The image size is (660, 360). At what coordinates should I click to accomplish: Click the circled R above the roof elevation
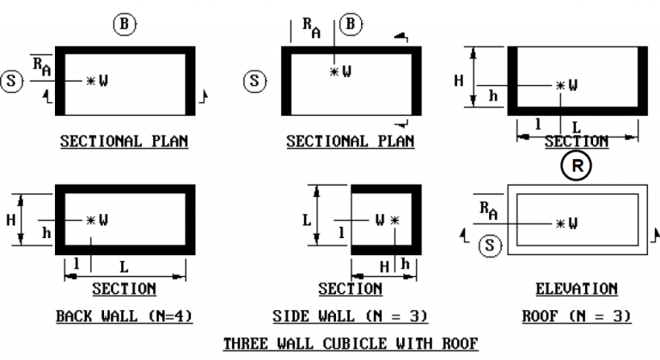click(577, 166)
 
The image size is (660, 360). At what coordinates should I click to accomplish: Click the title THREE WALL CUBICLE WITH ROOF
click(351, 344)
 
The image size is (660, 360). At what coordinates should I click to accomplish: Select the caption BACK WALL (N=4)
click(124, 316)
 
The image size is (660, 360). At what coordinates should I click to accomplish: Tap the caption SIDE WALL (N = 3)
click(351, 316)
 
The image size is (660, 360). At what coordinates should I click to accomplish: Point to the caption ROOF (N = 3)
click(577, 316)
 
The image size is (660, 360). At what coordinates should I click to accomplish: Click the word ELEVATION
click(577, 289)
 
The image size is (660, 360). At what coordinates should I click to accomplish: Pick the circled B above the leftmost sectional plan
click(125, 24)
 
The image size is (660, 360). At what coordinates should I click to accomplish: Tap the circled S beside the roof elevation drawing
click(490, 245)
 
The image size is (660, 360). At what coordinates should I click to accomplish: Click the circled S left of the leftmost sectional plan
click(11, 81)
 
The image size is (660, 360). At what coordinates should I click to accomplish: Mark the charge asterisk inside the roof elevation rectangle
click(559, 223)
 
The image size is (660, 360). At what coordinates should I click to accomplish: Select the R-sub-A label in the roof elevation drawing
click(489, 211)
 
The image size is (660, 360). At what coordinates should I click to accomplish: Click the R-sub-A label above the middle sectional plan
click(311, 27)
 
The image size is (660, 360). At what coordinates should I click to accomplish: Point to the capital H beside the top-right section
click(459, 80)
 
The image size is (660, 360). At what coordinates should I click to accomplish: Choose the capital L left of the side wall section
click(307, 220)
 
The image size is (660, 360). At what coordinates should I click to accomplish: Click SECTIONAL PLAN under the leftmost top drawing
click(124, 141)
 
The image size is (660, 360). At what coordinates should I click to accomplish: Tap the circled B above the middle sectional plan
click(351, 24)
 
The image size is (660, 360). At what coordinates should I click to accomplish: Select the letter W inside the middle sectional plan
click(347, 71)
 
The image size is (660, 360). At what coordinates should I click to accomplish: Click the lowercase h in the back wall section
click(46, 233)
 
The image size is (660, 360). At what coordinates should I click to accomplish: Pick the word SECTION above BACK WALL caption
click(124, 289)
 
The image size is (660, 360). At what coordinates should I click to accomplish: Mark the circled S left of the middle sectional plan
click(254, 81)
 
